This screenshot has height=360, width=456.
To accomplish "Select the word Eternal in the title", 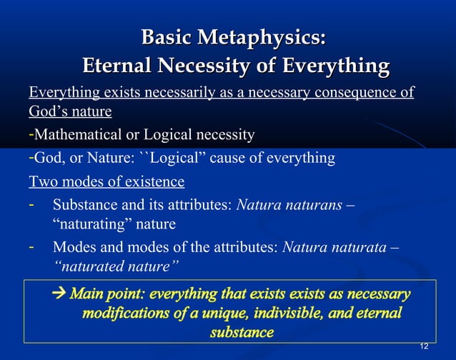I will click(119, 67).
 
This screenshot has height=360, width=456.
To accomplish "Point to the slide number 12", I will click(424, 346).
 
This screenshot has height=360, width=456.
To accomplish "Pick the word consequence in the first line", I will click(362, 93).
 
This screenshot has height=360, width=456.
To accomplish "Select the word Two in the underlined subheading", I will click(41, 180).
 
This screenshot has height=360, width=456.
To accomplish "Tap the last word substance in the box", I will click(242, 332).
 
